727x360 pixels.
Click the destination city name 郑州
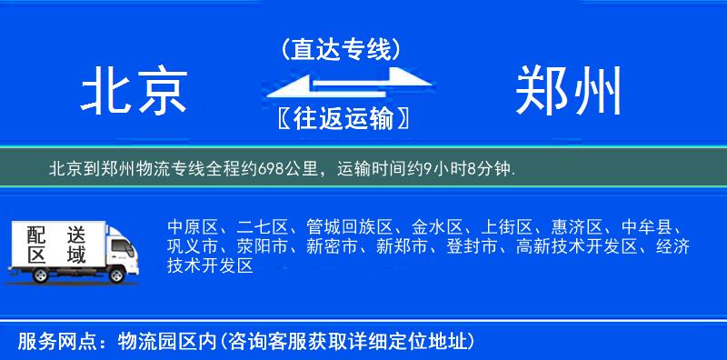pos(569,93)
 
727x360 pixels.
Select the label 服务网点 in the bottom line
pos(54,342)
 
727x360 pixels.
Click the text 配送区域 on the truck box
pos(55,243)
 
